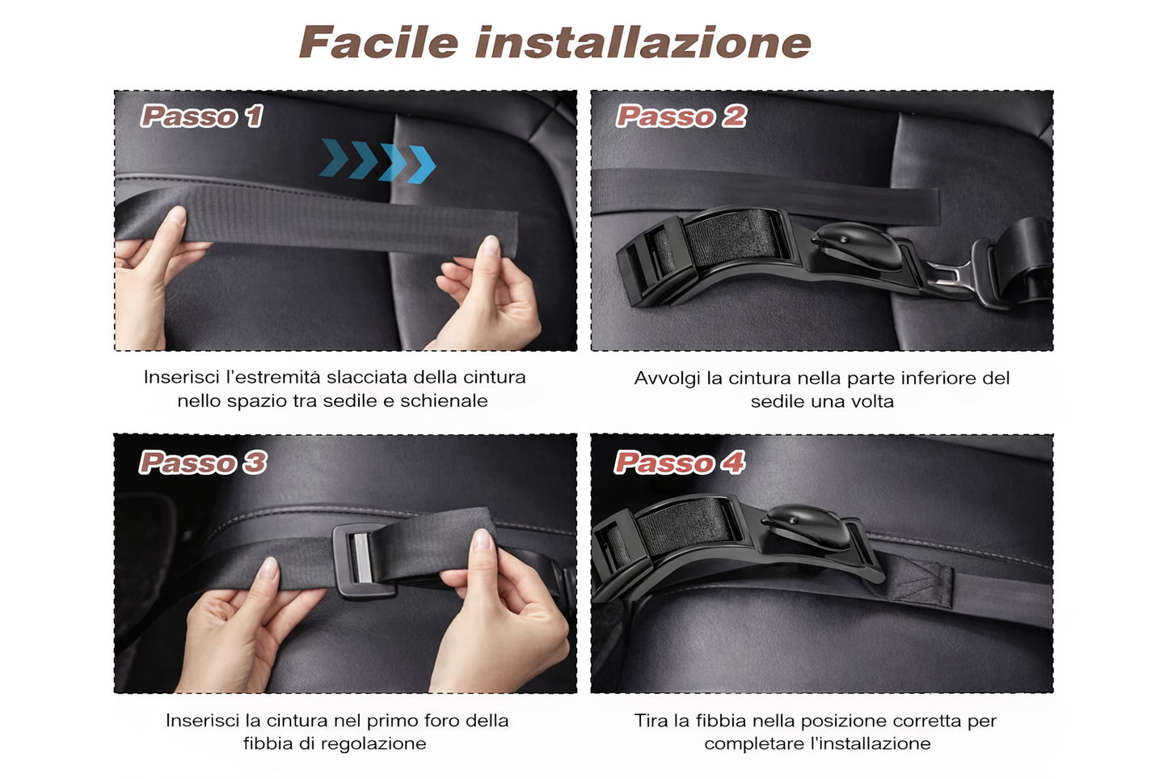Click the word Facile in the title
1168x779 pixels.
pos(379,42)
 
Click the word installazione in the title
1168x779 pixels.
pos(643,42)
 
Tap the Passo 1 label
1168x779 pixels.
pos(201,116)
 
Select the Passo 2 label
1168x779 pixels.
pos(681,116)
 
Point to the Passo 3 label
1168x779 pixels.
pos(202,462)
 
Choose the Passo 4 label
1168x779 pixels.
pos(680,462)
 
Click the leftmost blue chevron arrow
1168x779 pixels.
pos(334,157)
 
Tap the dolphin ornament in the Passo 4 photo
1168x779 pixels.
pos(806,526)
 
